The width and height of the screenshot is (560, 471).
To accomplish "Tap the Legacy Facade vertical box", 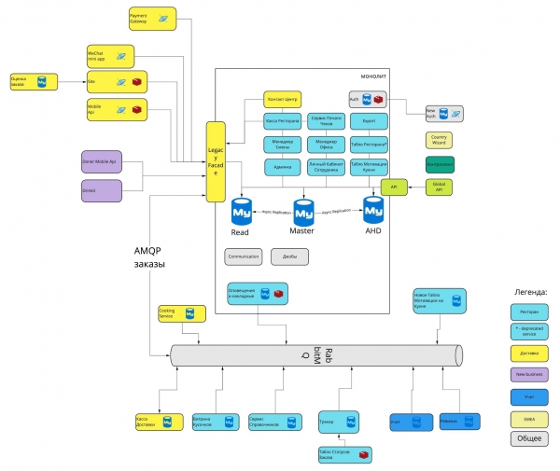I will click(x=215, y=160).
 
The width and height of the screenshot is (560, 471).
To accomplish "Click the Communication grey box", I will click(x=243, y=256).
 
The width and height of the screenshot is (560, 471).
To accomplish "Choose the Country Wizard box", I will click(x=439, y=141).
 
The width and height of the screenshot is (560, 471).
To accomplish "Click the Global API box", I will click(x=439, y=187).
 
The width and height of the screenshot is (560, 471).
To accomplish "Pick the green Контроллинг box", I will click(x=439, y=164).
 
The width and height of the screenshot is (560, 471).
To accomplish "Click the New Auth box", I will click(x=443, y=113).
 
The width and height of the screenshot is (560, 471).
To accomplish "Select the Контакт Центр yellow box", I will click(x=281, y=100).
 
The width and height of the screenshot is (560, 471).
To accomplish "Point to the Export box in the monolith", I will click(x=368, y=122).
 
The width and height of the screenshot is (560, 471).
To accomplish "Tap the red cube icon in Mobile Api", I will click(x=136, y=110).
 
